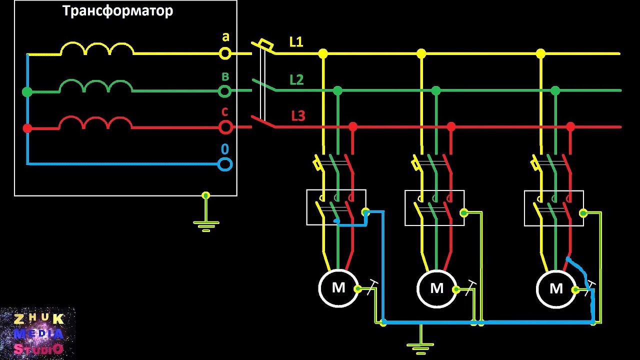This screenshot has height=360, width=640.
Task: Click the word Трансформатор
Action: point(118,11)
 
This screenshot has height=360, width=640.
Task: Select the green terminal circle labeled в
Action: point(225,91)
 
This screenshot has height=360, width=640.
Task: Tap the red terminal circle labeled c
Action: point(226,127)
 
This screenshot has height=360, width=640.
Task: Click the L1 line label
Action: point(296,42)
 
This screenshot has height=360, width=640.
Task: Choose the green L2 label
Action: point(296,79)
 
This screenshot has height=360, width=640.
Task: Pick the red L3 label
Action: point(298,116)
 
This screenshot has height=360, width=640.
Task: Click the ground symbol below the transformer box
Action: point(205,223)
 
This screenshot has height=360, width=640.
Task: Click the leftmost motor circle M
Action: point(338,288)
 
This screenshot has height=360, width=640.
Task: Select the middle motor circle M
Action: point(437,288)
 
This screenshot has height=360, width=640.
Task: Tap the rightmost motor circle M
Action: point(556,288)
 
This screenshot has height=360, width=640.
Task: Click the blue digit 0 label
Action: point(225,149)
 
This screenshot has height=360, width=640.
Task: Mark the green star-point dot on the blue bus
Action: point(27,92)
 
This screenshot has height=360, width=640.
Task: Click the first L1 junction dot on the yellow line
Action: point(323,53)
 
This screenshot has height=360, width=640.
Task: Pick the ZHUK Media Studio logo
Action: point(38,333)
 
